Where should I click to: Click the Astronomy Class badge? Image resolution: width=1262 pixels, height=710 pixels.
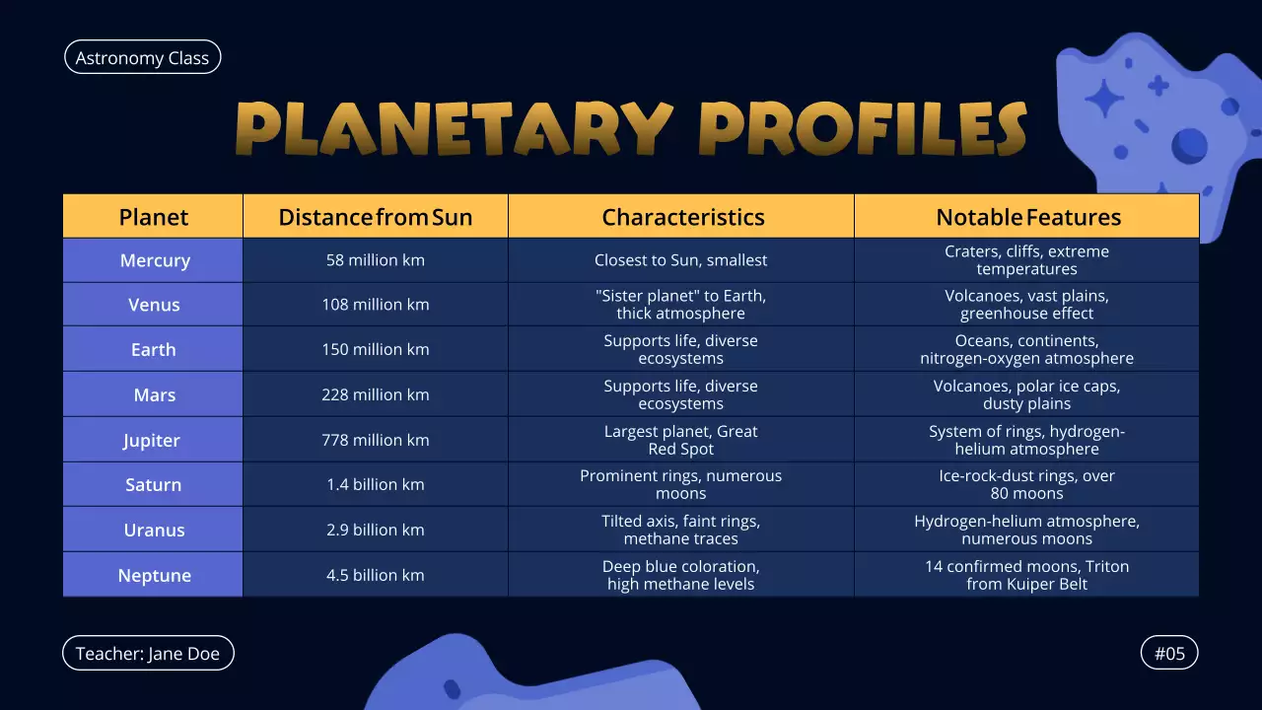(x=142, y=58)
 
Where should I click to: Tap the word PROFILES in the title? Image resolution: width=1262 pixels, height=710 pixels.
(x=863, y=129)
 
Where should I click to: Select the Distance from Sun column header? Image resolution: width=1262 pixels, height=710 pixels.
(x=375, y=217)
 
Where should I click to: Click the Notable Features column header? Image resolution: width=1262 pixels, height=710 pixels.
(x=1027, y=217)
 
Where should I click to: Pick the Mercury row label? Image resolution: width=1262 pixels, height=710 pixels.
(x=154, y=260)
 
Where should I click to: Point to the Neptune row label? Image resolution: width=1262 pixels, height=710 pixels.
(x=154, y=575)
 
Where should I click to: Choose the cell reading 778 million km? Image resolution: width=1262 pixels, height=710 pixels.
(x=375, y=440)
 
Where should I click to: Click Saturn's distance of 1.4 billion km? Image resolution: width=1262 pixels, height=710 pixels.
(x=375, y=484)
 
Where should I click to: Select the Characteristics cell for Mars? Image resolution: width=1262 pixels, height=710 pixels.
(x=680, y=394)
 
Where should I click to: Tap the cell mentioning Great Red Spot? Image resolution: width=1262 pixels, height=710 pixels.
(x=680, y=440)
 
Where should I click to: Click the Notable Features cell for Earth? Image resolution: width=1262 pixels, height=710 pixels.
(x=1026, y=349)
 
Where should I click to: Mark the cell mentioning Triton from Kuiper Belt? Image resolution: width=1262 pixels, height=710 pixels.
(x=1026, y=575)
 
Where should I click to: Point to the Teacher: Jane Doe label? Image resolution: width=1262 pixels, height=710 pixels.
(x=148, y=653)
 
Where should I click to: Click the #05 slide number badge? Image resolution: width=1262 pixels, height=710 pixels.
(x=1169, y=653)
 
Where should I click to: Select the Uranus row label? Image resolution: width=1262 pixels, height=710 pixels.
(x=154, y=530)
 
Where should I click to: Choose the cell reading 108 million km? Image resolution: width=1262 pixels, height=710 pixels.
(x=375, y=305)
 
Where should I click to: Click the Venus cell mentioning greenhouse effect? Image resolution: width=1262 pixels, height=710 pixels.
(x=1026, y=305)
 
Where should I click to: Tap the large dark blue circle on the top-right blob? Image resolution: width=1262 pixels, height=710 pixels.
(x=1189, y=146)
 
